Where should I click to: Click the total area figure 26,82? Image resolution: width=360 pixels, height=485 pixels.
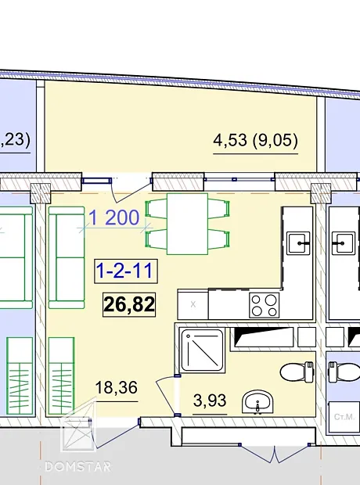(x=129, y=304)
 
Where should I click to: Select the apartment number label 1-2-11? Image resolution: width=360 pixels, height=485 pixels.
(x=126, y=271)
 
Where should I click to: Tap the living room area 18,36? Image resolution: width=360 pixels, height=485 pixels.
(x=116, y=388)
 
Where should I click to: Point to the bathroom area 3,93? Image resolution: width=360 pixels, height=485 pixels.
(x=210, y=401)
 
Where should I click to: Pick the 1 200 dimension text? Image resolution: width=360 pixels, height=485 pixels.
(x=114, y=217)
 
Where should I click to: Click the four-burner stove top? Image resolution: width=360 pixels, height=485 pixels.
(x=264, y=305)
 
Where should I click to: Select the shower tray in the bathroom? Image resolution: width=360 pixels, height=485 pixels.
(x=202, y=350)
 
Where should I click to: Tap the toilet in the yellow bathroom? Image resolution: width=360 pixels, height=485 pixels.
(x=297, y=372)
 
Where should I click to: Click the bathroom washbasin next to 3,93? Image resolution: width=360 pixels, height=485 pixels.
(x=257, y=401)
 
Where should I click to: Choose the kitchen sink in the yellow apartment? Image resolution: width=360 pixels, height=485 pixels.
(x=298, y=243)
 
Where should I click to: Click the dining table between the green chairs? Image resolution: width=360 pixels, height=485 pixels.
(x=187, y=224)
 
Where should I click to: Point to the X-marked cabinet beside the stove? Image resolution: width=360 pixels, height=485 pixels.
(x=193, y=304)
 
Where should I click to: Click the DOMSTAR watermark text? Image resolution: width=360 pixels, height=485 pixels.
(x=77, y=466)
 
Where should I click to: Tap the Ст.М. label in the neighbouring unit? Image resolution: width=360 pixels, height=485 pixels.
(x=344, y=417)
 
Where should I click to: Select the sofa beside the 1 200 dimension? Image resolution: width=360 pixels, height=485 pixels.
(x=67, y=257)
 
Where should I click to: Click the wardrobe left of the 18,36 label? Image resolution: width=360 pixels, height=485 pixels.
(x=61, y=375)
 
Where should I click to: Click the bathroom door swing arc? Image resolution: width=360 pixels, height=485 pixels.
(x=164, y=396)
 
